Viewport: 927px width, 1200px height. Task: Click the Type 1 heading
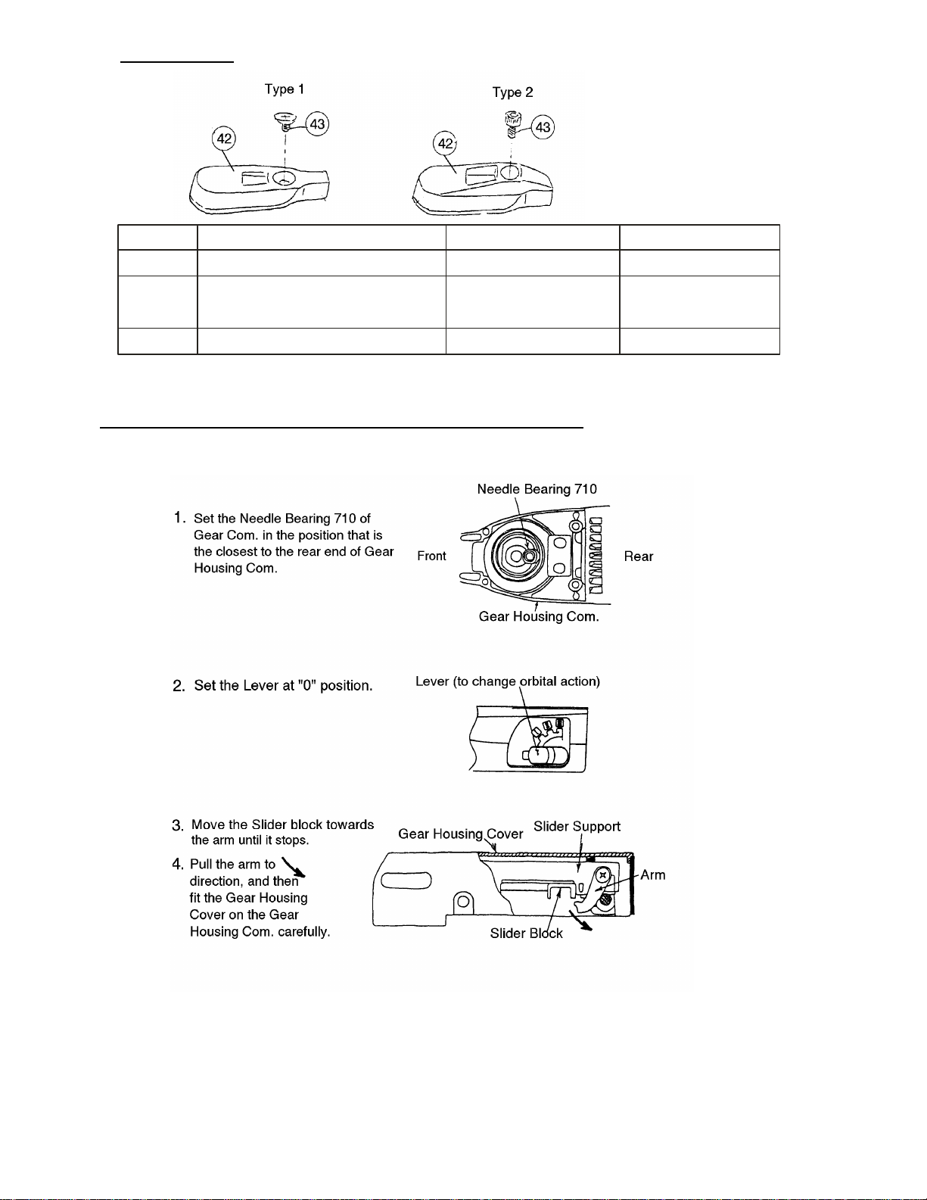click(285, 89)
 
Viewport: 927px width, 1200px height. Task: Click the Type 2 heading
click(512, 92)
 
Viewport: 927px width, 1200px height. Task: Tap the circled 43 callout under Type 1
click(319, 124)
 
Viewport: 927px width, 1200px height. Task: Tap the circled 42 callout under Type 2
click(445, 143)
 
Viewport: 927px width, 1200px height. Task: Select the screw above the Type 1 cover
click(284, 120)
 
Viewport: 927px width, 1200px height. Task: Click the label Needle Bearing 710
click(537, 489)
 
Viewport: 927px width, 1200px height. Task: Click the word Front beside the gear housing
click(431, 556)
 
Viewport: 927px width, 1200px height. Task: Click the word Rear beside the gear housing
click(638, 556)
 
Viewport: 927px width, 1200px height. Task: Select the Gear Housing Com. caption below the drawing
click(539, 616)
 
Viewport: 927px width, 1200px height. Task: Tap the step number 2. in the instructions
click(179, 686)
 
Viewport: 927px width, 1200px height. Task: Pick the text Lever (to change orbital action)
click(508, 681)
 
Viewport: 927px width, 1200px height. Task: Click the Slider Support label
click(577, 826)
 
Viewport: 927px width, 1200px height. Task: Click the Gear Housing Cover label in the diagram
click(460, 834)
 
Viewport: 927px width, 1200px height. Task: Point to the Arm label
click(652, 875)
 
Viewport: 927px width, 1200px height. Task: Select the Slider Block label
click(526, 934)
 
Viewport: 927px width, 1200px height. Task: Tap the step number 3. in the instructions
click(178, 825)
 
